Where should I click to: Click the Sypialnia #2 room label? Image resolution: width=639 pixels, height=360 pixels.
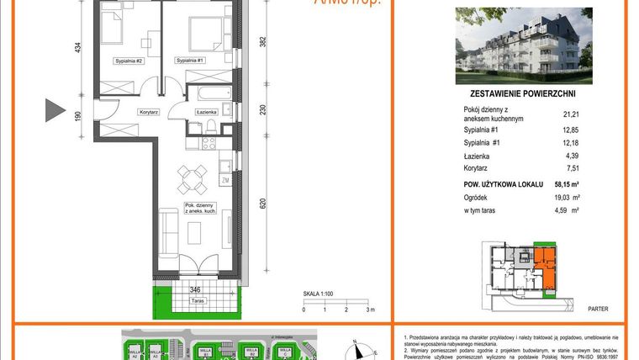(x=129, y=61)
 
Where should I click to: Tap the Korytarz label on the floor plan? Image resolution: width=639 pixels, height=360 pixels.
(x=127, y=112)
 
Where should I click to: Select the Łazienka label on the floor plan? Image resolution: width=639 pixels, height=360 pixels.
(x=207, y=112)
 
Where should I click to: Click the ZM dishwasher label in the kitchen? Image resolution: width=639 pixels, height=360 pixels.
(x=225, y=180)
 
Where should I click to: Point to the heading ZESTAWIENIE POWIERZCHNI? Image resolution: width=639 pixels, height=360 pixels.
(x=522, y=97)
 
